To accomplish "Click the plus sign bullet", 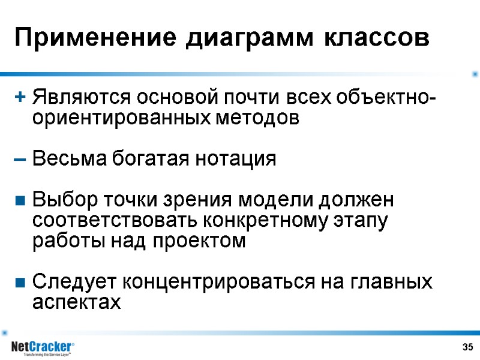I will click(x=20, y=96).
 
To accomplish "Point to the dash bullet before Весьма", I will click(x=20, y=160).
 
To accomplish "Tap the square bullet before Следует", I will click(x=20, y=281).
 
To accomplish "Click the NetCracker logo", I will click(x=43, y=348).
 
